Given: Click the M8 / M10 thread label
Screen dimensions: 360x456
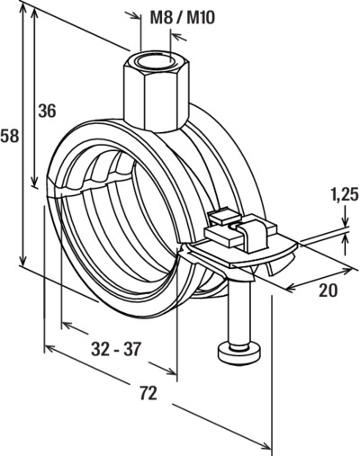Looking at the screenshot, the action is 183,18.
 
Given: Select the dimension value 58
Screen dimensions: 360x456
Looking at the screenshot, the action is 10,136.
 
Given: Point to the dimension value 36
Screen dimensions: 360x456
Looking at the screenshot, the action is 47,111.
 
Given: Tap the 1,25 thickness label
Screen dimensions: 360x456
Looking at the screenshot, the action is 345,195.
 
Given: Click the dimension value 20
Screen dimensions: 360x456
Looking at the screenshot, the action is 328,291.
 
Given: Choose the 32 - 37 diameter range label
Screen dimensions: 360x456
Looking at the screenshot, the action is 116,349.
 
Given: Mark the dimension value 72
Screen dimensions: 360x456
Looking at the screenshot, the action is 148,393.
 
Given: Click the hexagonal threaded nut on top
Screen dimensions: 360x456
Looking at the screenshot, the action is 156,92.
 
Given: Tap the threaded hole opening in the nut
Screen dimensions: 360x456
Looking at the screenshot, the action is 156,61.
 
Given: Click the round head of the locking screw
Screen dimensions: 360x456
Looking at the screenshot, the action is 239,353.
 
